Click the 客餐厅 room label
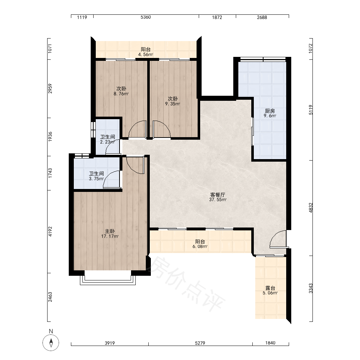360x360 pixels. point(217,195)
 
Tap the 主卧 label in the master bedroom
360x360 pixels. point(110,231)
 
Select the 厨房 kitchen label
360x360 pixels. point(270,111)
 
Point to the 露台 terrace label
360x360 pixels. point(270,288)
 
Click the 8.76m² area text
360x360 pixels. point(121,94)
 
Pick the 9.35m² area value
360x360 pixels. point(172,104)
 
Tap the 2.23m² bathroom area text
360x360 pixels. point(107,142)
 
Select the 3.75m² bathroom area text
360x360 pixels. point(96,179)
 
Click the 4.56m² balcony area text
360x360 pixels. point(145,54)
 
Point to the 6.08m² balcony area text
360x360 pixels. point(200,247)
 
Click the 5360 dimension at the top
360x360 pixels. point(146,17)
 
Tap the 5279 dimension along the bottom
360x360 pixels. point(200,343)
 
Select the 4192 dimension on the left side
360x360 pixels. point(50,231)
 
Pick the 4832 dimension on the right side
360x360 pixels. point(311,208)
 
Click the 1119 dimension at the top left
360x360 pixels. point(82,17)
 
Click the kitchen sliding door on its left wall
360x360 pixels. point(252,131)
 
